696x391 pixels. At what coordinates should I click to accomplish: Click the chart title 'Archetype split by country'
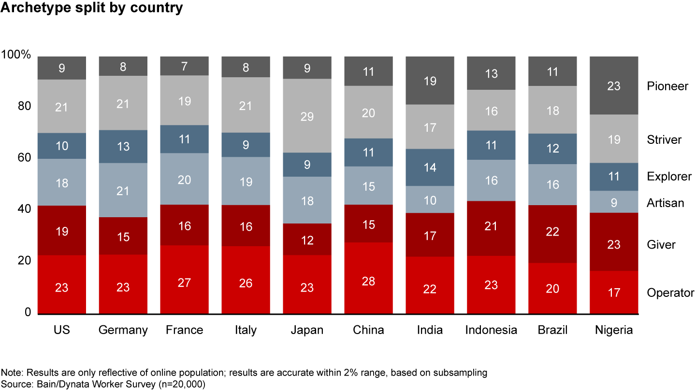pyautogui.click(x=91, y=7)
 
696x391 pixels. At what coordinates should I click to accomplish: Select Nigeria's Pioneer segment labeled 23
pyautogui.click(x=614, y=85)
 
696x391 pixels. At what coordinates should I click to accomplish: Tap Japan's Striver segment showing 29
pyautogui.click(x=307, y=116)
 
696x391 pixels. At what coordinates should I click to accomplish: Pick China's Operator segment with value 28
pyautogui.click(x=368, y=279)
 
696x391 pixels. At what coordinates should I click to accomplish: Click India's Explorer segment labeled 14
pyautogui.click(x=430, y=168)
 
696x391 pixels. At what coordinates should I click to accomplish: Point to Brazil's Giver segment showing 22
pyautogui.click(x=552, y=234)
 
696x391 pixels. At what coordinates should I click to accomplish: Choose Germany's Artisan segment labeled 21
pyautogui.click(x=123, y=190)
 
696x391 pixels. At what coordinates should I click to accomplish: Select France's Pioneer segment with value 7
pyautogui.click(x=184, y=66)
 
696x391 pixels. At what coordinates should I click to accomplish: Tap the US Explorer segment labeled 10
pyautogui.click(x=62, y=146)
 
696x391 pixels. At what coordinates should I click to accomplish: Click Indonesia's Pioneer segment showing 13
pyautogui.click(x=491, y=73)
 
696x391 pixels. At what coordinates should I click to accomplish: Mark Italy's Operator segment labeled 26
pyautogui.click(x=246, y=280)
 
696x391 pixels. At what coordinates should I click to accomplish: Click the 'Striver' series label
pyautogui.click(x=664, y=140)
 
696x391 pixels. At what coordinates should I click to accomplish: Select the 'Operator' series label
pyautogui.click(x=670, y=293)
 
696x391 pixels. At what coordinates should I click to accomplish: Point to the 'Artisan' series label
pyautogui.click(x=665, y=203)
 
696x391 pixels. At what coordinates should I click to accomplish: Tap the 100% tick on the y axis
pyautogui.click(x=16, y=55)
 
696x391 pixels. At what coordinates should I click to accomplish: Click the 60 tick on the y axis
pyautogui.click(x=24, y=158)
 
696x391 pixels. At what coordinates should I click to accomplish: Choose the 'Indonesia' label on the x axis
pyautogui.click(x=491, y=330)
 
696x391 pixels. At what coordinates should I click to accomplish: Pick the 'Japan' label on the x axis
pyautogui.click(x=307, y=330)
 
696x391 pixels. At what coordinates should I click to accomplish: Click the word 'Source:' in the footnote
pyautogui.click(x=17, y=384)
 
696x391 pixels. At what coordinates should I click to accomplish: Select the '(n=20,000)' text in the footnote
pyautogui.click(x=182, y=384)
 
